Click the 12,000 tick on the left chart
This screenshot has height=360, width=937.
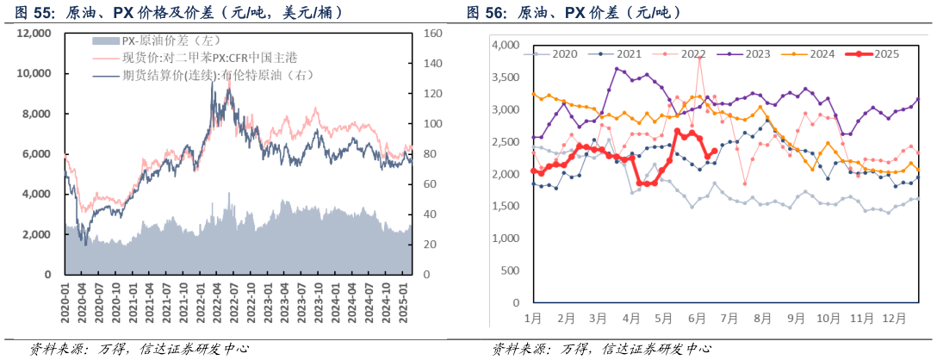click(34, 33)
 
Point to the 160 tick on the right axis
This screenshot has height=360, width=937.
click(432, 33)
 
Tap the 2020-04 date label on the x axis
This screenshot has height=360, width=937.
click(83, 300)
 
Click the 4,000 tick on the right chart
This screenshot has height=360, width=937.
click(506, 45)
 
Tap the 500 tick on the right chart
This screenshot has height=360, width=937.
click(511, 270)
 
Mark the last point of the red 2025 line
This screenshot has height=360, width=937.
click(714, 151)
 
